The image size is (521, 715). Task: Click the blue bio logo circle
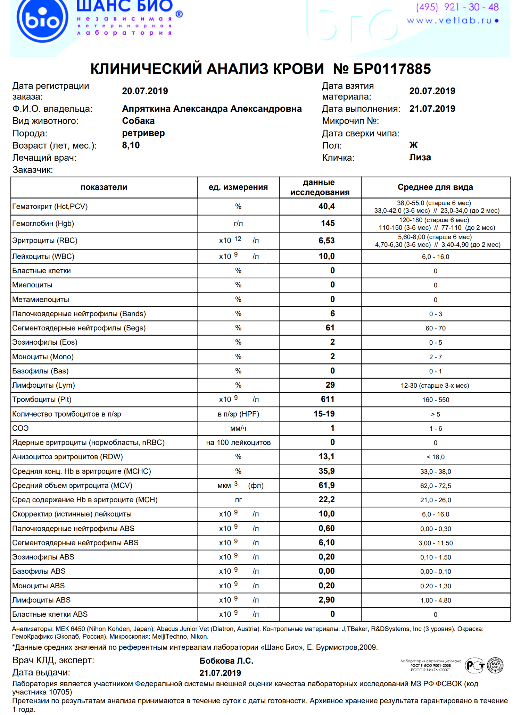tap(42, 20)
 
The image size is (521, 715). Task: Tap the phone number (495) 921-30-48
tap(457, 7)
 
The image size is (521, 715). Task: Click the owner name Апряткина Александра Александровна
tap(212, 109)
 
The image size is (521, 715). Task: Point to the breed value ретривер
tap(143, 133)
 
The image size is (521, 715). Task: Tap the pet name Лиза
tap(420, 158)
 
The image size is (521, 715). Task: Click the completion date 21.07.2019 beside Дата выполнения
tap(432, 109)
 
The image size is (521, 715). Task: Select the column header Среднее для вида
tap(435, 187)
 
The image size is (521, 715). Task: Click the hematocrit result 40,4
tap(326, 207)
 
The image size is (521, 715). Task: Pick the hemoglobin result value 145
tap(328, 224)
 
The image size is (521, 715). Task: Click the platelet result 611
tap(327, 399)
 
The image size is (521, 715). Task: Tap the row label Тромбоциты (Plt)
tap(42, 400)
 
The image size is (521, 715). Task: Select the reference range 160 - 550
tap(436, 400)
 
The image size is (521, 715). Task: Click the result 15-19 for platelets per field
tap(324, 414)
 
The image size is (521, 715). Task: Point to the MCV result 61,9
tap(326, 486)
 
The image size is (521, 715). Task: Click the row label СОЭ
tap(20, 428)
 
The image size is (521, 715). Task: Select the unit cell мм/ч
tap(238, 429)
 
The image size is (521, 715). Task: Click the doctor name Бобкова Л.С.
tap(226, 661)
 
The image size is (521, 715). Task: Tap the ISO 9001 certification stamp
tap(495, 665)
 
